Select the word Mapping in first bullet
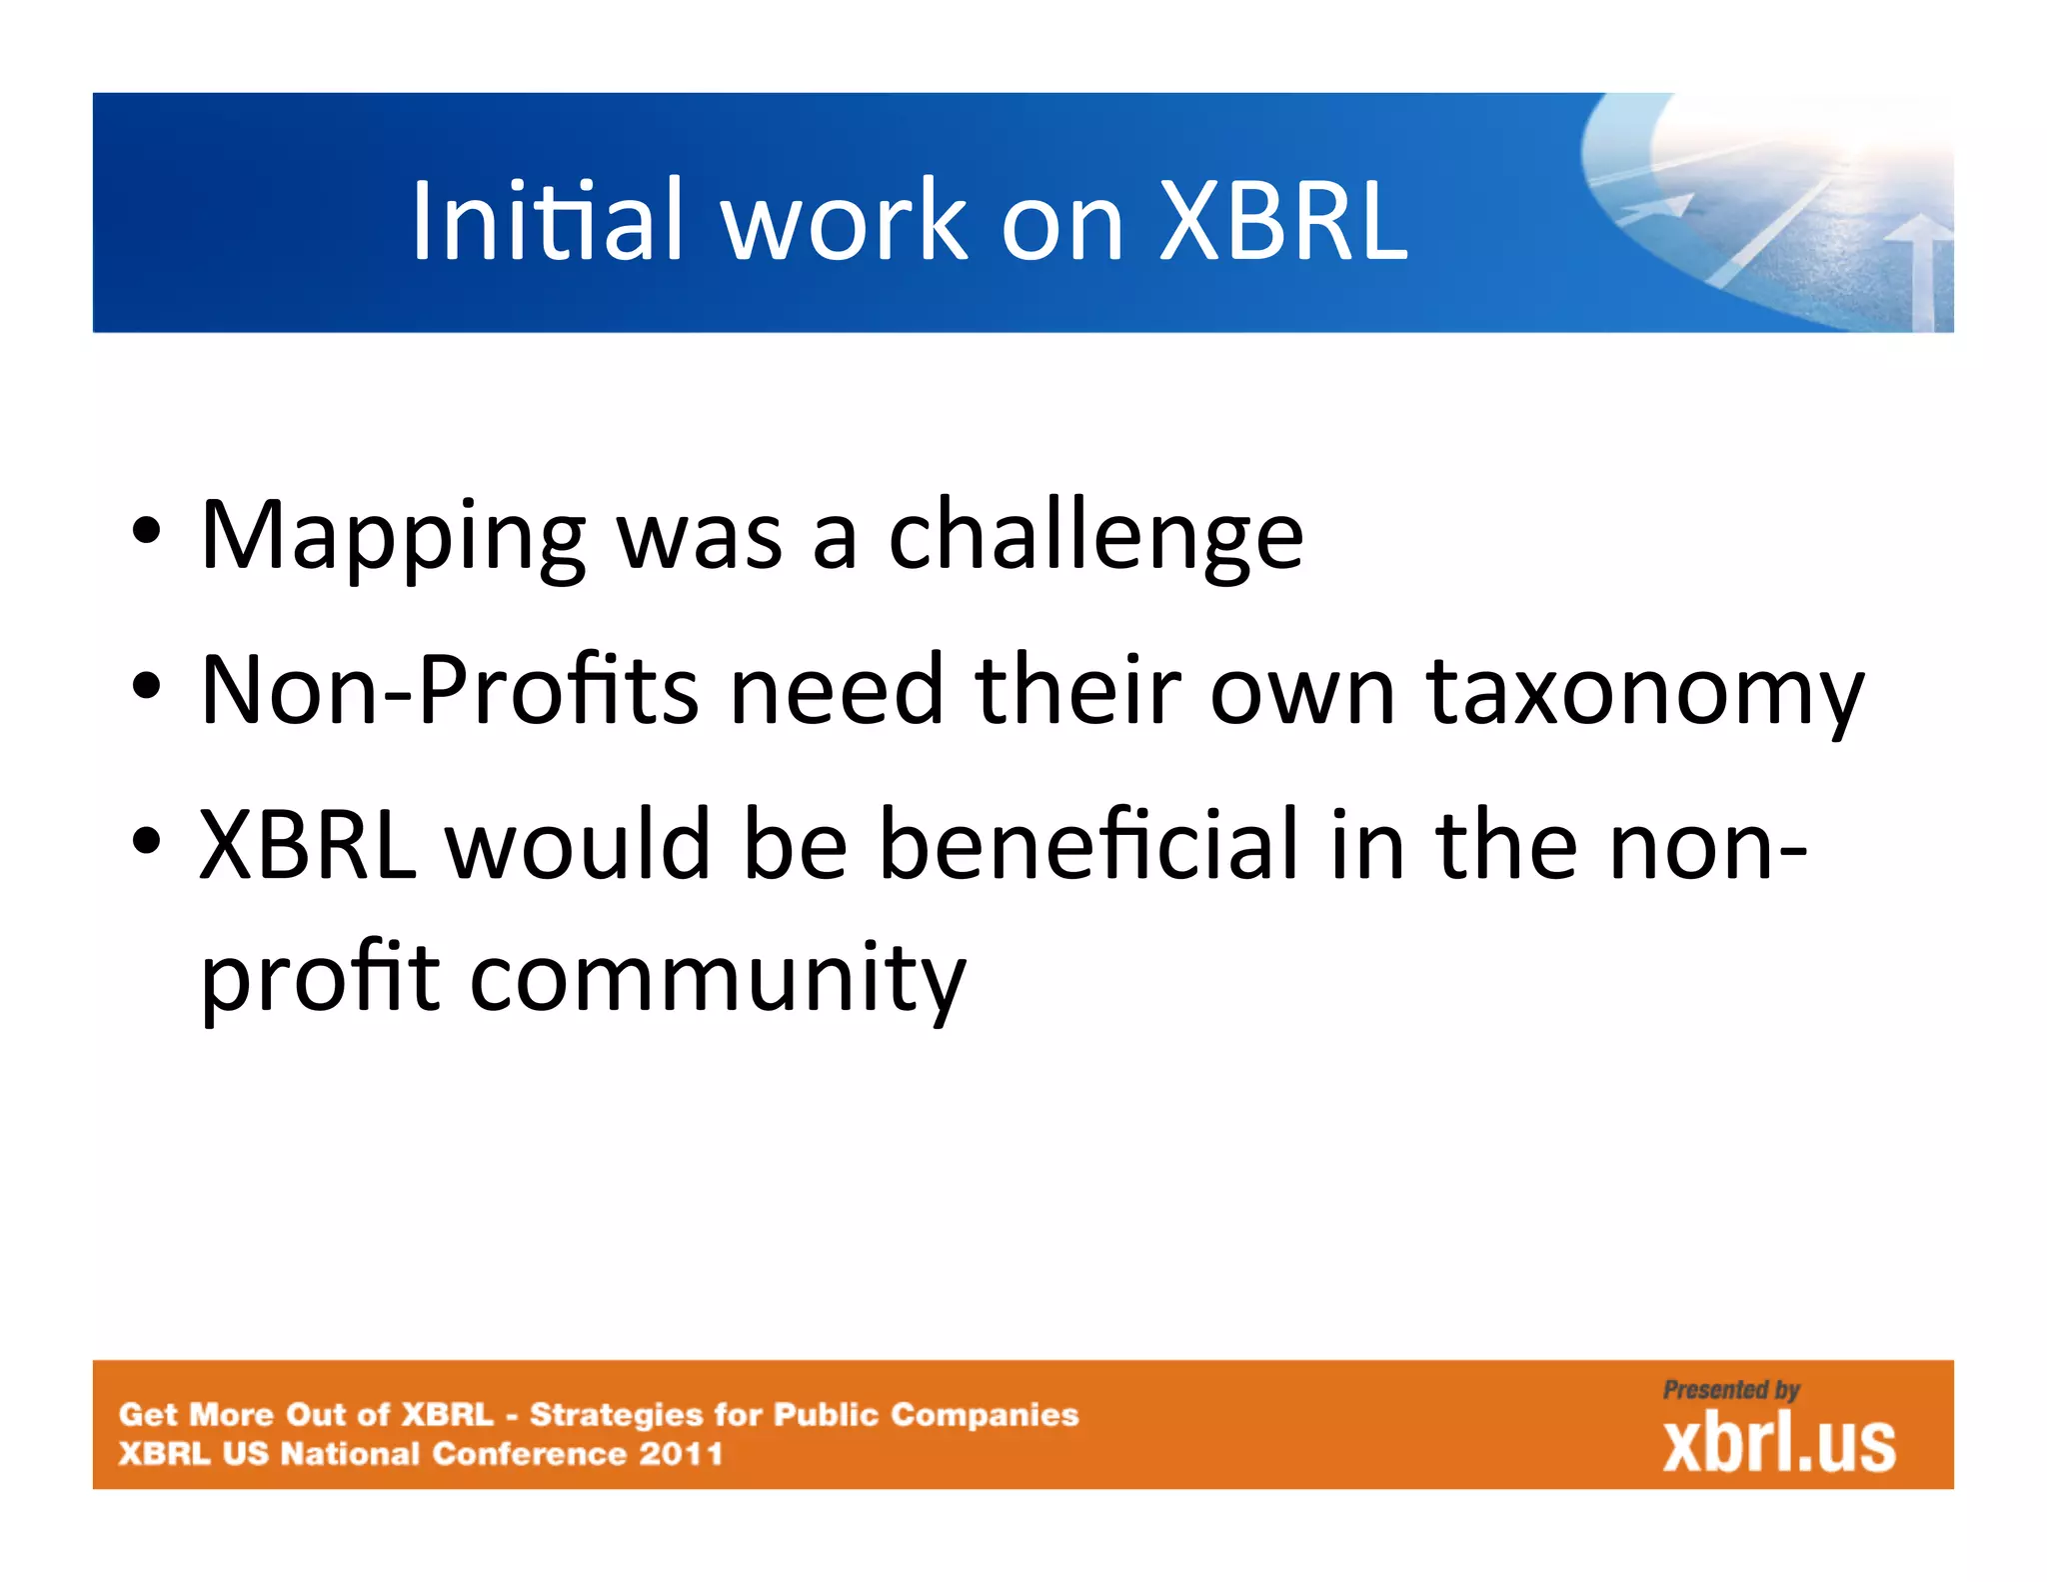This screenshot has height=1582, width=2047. (392, 538)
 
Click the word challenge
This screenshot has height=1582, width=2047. (1095, 538)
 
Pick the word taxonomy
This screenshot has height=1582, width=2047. (1644, 692)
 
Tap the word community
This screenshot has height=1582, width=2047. (717, 978)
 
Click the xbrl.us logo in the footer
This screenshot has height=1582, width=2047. (1778, 1443)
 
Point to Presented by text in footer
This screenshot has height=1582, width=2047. (1730, 1390)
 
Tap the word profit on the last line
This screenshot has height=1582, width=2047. (320, 978)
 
